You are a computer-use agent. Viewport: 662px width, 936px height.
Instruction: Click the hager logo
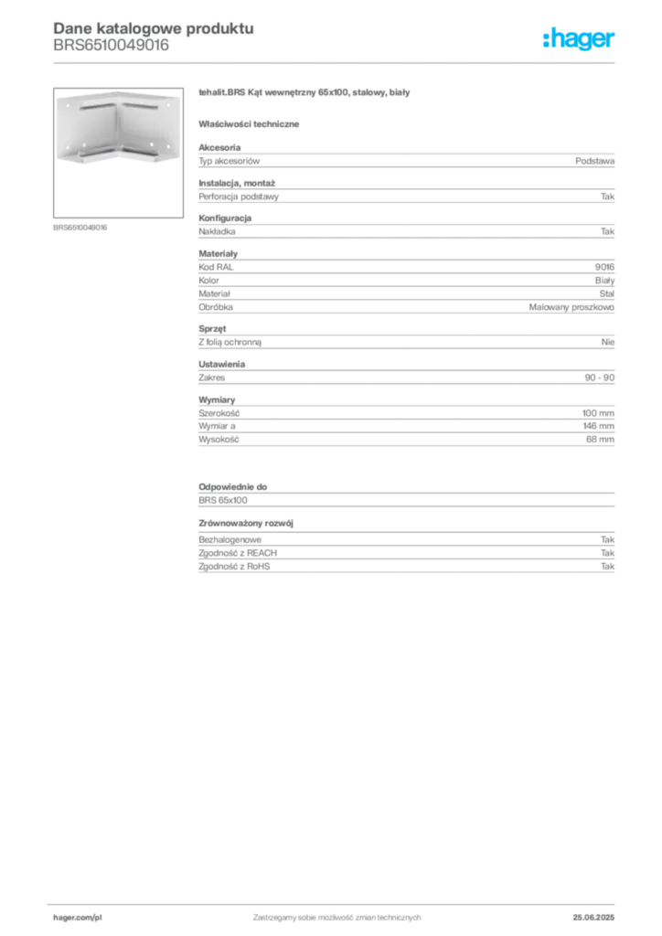pos(578,38)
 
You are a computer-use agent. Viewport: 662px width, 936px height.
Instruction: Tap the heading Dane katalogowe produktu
pos(154,28)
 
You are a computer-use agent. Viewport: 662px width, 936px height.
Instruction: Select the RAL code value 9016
pos(604,267)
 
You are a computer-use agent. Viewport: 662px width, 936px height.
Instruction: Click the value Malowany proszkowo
pos(571,307)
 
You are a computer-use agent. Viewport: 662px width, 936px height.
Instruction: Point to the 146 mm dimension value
pos(598,426)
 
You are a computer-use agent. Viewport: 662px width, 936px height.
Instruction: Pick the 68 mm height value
pos(600,439)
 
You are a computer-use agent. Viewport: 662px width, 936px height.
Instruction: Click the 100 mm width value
pos(598,412)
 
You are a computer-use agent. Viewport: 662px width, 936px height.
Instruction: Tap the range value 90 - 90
pos(599,378)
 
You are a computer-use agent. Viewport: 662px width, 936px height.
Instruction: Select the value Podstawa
pos(594,161)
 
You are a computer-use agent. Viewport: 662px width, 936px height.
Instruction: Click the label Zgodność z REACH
pos(238,553)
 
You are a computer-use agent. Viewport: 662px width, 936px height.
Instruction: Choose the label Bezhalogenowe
pos(230,539)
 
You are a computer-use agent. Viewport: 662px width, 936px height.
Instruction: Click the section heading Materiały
pos(218,254)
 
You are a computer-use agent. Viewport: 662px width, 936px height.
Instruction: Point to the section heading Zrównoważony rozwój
pos(246,523)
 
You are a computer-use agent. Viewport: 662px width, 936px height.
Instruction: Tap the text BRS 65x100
pos(223,500)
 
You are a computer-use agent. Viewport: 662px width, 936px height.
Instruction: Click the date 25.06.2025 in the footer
pos(593,918)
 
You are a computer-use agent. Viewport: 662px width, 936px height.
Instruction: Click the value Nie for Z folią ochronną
pos(608,342)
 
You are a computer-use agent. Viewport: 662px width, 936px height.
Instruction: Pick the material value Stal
pos(606,293)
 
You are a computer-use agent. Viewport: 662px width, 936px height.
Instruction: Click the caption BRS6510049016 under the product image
pos(80,228)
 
